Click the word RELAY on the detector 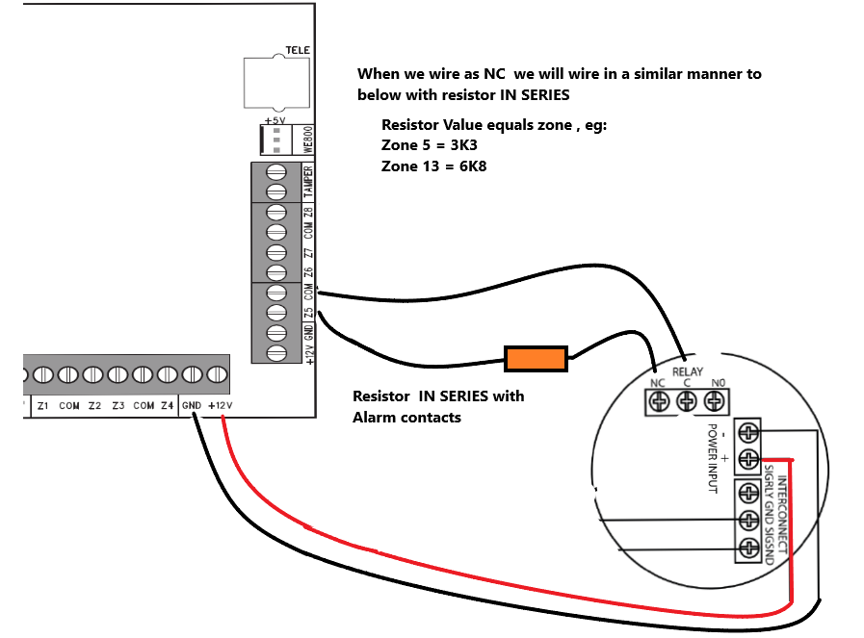(x=688, y=370)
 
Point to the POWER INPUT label (x=714, y=457)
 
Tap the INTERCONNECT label (x=782, y=514)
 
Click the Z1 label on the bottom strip (x=43, y=406)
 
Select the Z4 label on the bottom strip (x=167, y=406)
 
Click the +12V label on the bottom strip (x=219, y=406)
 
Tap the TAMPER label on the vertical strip (x=308, y=182)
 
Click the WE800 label (x=308, y=141)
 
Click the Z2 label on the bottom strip (x=94, y=406)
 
